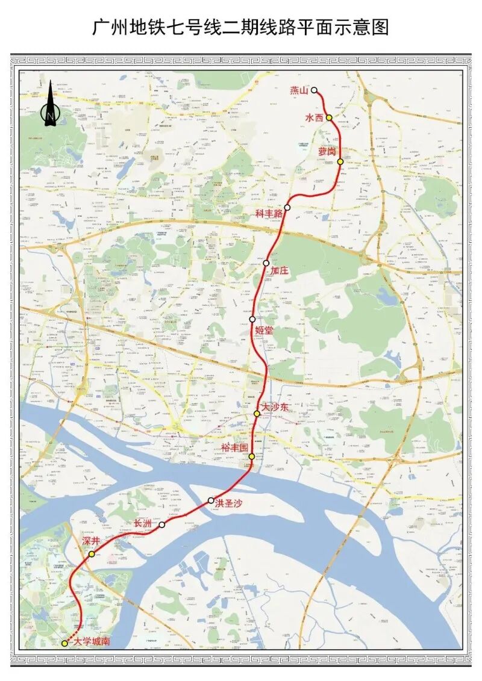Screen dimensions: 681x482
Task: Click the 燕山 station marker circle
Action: click(314, 90)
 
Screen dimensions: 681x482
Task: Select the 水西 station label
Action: click(315, 119)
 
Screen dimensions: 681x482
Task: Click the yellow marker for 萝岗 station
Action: click(340, 161)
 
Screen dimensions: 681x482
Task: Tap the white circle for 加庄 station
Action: click(266, 263)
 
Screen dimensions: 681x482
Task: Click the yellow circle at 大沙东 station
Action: click(257, 414)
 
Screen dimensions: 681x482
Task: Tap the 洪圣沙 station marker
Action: click(211, 500)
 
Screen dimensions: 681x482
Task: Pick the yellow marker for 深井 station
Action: click(92, 554)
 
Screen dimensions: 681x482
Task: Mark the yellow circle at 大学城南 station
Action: click(65, 643)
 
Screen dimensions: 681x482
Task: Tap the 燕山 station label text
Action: click(299, 90)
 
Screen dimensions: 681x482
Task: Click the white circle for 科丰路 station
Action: click(287, 208)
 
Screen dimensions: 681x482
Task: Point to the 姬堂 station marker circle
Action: click(252, 319)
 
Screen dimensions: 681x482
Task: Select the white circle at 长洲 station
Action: click(162, 525)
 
